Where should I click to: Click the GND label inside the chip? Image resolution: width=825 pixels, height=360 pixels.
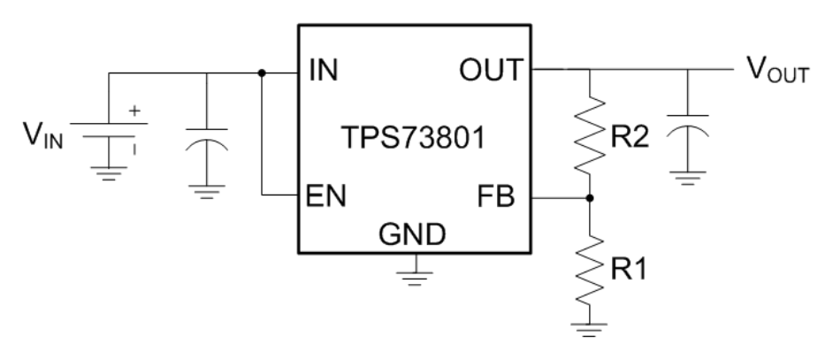(412, 235)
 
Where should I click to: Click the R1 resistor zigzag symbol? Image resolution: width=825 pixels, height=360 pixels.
(589, 263)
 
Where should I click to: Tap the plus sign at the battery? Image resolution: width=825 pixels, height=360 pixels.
(135, 113)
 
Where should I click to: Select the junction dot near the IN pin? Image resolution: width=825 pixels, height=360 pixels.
(262, 73)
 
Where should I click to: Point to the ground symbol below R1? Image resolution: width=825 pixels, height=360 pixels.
(589, 329)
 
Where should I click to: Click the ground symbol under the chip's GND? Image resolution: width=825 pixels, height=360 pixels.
(413, 273)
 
